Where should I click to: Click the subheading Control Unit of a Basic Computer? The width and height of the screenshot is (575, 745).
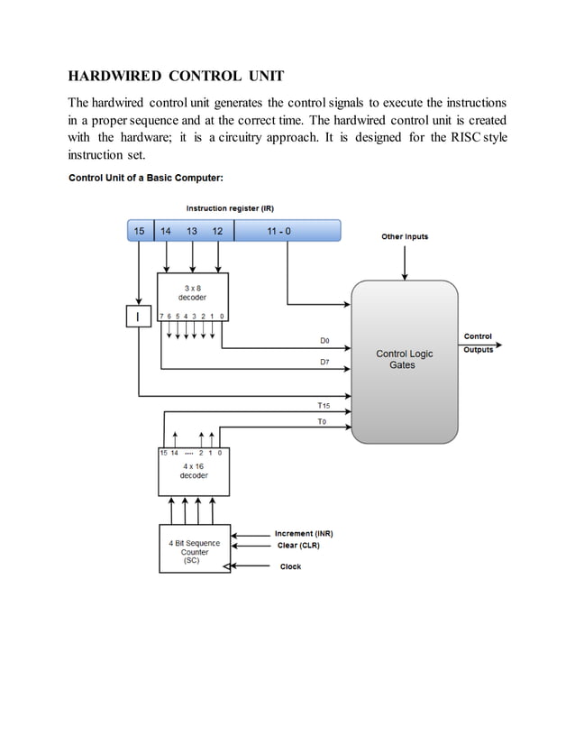click(x=140, y=177)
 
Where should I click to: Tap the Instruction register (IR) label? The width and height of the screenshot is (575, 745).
click(x=230, y=208)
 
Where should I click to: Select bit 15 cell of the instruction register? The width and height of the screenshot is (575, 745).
click(x=139, y=232)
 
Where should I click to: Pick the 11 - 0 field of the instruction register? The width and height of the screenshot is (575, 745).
click(x=279, y=232)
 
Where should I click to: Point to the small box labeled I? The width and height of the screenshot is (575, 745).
click(x=138, y=317)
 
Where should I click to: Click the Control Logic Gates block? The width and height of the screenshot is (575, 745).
click(x=404, y=361)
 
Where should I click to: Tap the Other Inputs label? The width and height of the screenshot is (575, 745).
click(x=405, y=237)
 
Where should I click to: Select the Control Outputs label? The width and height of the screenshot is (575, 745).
click(x=478, y=343)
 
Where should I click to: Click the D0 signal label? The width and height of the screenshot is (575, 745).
click(x=324, y=341)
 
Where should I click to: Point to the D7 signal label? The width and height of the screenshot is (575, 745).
click(x=324, y=362)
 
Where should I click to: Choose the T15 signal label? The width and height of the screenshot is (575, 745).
click(x=324, y=406)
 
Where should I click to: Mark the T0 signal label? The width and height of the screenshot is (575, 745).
click(x=323, y=421)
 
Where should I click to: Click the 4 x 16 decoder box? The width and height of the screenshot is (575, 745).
click(x=193, y=472)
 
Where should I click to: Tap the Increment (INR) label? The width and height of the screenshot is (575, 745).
click(x=304, y=534)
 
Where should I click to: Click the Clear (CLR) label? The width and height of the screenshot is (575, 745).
click(x=298, y=546)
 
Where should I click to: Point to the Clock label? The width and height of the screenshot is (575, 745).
click(x=290, y=566)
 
